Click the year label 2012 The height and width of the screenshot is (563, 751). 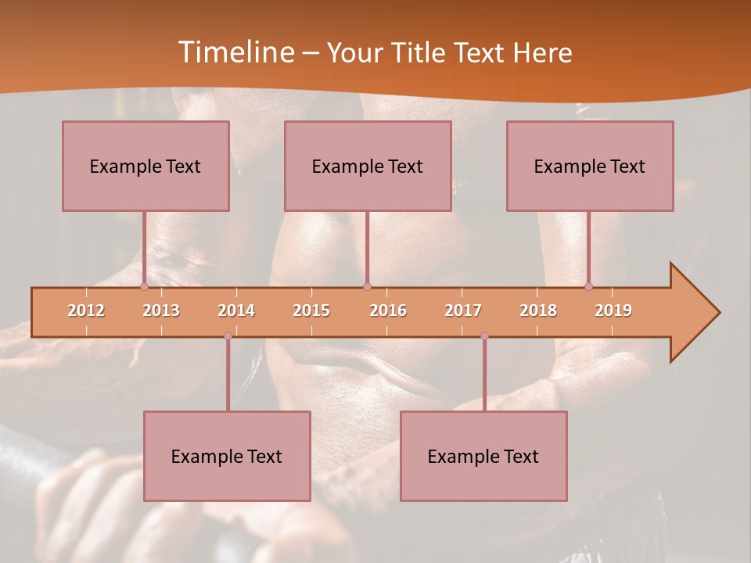[86, 310]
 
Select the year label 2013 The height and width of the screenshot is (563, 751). [161, 310]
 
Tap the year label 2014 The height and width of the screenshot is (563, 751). [236, 310]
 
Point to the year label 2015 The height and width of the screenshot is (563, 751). [311, 310]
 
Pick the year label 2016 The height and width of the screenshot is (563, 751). [388, 310]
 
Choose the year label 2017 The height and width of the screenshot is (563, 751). [463, 310]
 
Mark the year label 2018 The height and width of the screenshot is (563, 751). [538, 310]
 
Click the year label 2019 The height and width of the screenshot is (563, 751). [613, 310]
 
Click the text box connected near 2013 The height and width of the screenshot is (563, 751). [146, 166]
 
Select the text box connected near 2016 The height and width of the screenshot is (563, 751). [368, 166]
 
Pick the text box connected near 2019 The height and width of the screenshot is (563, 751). [590, 166]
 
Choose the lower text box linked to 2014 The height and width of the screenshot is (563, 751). [227, 456]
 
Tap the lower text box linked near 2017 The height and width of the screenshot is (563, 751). [483, 456]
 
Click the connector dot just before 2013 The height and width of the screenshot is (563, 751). [144, 286]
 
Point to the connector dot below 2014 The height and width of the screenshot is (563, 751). [228, 336]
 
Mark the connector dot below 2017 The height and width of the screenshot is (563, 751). [484, 336]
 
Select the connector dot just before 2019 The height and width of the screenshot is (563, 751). [588, 286]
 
